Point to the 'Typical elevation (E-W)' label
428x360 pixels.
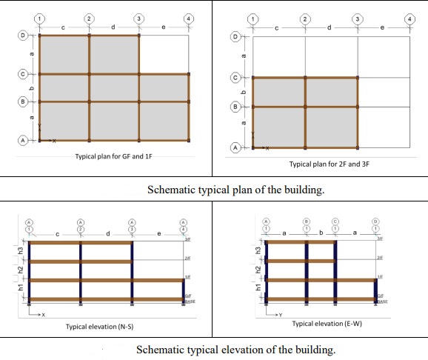tap(327, 324)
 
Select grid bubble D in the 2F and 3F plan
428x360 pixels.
tap(236, 36)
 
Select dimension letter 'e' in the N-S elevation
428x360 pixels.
tap(158, 236)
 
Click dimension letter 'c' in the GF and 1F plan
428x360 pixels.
tap(64, 28)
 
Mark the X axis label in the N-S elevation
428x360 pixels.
tap(44, 315)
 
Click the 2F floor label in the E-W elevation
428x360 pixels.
tap(380, 257)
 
